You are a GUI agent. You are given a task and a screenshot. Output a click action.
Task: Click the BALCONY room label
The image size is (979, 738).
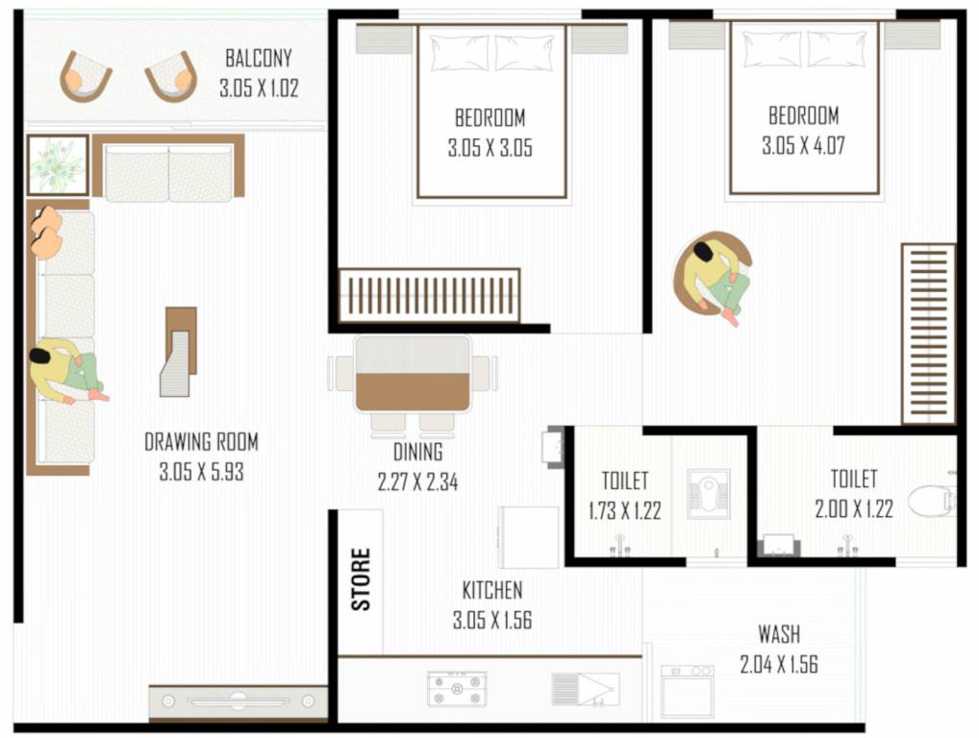click(x=258, y=58)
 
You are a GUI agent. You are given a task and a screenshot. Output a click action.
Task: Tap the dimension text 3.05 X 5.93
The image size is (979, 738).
click(x=201, y=472)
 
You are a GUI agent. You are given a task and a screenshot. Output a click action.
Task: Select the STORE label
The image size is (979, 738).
click(x=361, y=578)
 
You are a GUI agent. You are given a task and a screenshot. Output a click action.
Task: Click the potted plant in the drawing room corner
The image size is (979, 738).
click(x=57, y=165)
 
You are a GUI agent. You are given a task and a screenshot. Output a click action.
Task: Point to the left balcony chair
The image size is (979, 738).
click(x=86, y=77)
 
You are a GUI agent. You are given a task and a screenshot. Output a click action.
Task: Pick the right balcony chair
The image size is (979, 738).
click(x=171, y=77)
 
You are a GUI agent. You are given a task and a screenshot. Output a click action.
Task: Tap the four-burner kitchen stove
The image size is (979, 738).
click(x=456, y=689)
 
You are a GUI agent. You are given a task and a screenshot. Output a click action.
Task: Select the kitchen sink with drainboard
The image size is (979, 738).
click(x=585, y=689)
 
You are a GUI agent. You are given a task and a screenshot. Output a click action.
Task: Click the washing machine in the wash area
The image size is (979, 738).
click(x=687, y=691)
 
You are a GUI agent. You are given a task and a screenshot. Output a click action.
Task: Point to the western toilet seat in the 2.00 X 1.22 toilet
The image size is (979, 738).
click(x=930, y=501)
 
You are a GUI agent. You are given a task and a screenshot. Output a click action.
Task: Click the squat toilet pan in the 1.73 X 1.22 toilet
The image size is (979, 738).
click(x=708, y=494)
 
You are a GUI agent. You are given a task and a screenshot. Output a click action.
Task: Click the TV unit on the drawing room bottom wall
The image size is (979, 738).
click(x=238, y=701)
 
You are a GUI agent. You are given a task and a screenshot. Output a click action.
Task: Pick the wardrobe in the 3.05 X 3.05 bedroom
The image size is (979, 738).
click(x=429, y=295)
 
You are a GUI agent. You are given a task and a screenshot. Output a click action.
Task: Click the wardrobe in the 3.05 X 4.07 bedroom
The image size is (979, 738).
click(x=928, y=333)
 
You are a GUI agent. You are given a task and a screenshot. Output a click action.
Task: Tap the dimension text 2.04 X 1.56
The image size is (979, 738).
click(x=778, y=664)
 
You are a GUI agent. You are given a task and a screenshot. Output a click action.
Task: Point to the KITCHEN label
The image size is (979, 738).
click(x=491, y=590)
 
